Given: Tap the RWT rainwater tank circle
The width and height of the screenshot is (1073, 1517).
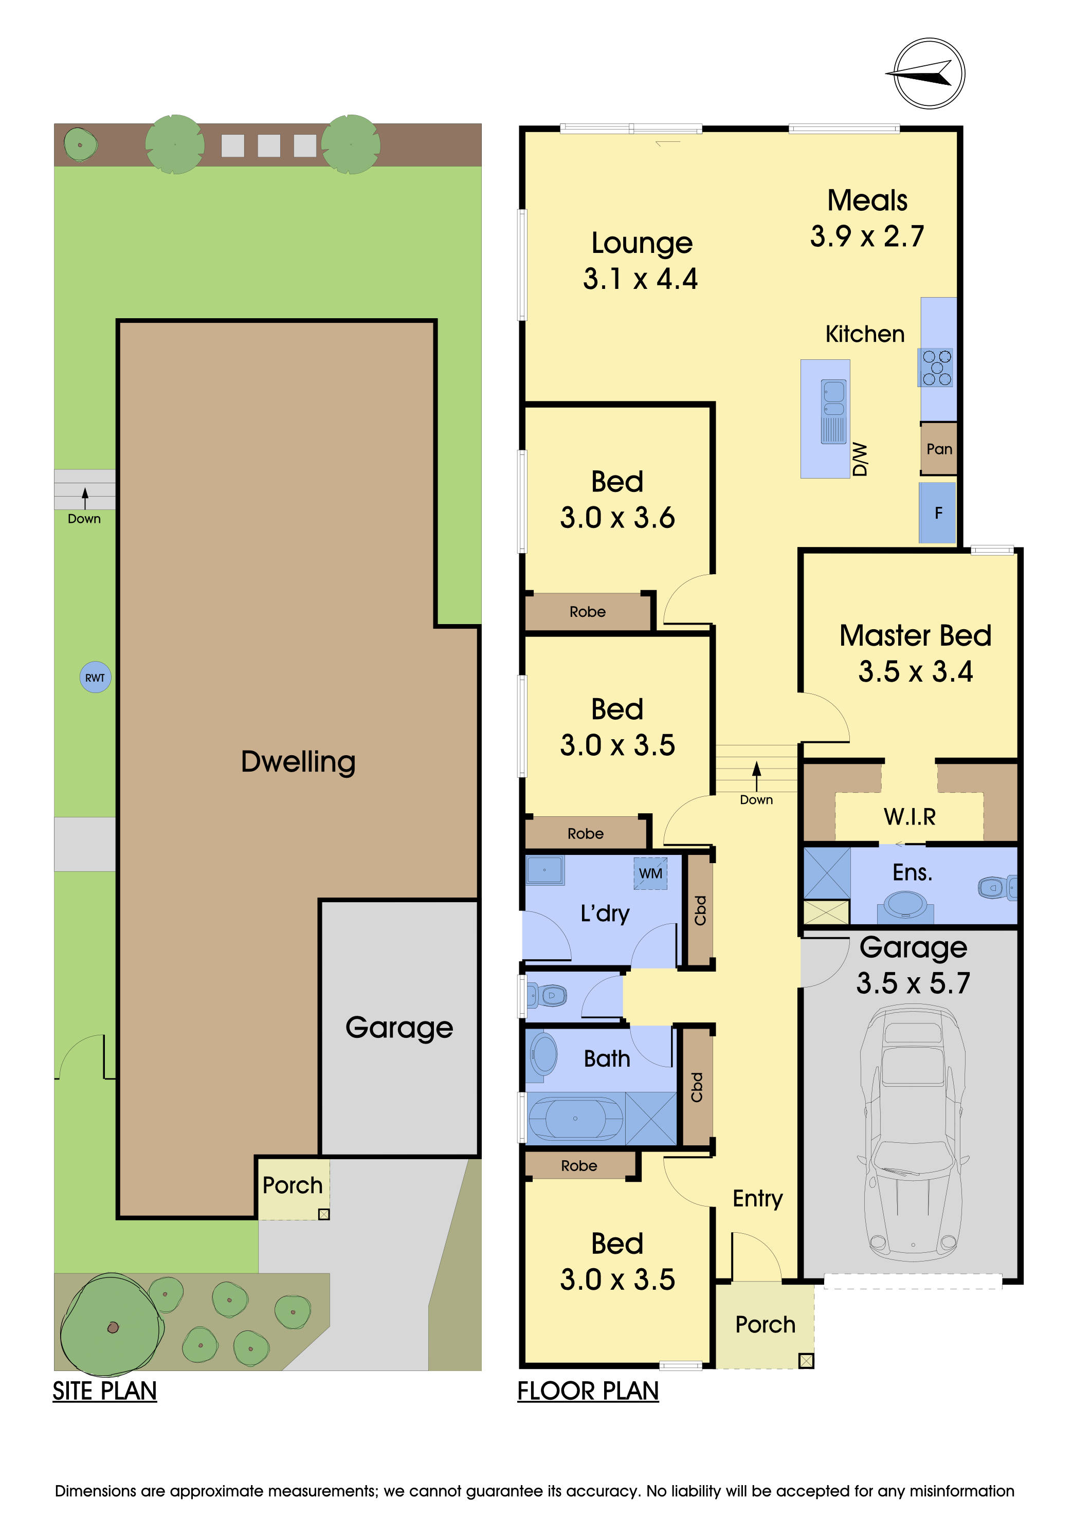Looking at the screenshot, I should click(95, 677).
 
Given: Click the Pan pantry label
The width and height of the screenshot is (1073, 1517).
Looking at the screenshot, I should click(939, 449).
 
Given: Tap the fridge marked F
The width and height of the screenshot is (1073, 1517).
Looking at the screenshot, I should click(938, 513).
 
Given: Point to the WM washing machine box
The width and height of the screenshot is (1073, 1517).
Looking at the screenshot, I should click(650, 873).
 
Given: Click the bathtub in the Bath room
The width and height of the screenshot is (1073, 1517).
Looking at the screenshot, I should click(575, 1118).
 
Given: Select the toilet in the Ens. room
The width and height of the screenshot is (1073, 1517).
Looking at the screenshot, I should click(996, 887).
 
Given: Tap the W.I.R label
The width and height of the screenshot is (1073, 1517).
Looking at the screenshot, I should click(910, 817).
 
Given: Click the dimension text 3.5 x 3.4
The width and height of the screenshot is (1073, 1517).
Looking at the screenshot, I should click(915, 671).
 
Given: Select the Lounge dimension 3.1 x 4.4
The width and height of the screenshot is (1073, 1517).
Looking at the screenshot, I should click(640, 279).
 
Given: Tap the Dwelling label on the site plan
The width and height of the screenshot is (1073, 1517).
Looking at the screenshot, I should click(298, 761).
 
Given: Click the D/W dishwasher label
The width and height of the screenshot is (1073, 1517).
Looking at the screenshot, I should click(860, 459).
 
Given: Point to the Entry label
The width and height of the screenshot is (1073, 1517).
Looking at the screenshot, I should click(757, 1198).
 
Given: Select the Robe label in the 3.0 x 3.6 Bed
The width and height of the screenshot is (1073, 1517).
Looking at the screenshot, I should click(587, 612).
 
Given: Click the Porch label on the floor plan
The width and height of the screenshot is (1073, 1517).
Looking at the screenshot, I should click(765, 1325).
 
